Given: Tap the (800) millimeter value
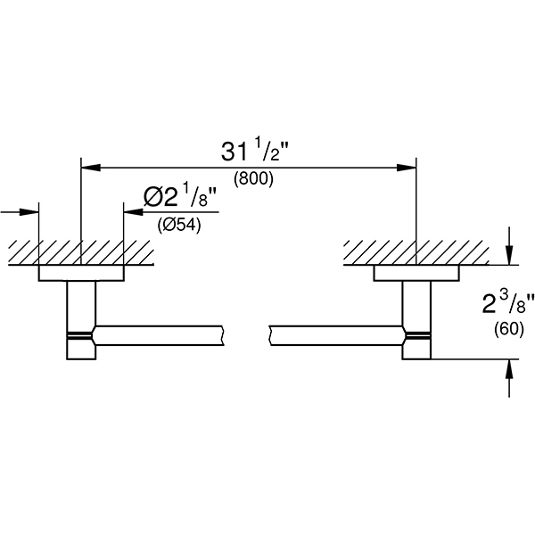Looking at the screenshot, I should pyautogui.click(x=253, y=178).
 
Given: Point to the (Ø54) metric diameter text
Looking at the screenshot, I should pyautogui.click(x=179, y=225).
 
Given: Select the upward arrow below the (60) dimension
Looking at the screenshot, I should pyautogui.click(x=508, y=371).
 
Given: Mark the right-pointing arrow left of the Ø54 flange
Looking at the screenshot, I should pyautogui.click(x=33, y=212).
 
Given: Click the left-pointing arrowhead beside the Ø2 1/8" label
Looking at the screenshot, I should pyautogui.click(x=130, y=212).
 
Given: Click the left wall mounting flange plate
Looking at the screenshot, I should pyautogui.click(x=80, y=274).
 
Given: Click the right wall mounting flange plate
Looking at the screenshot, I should pyautogui.click(x=416, y=274).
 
